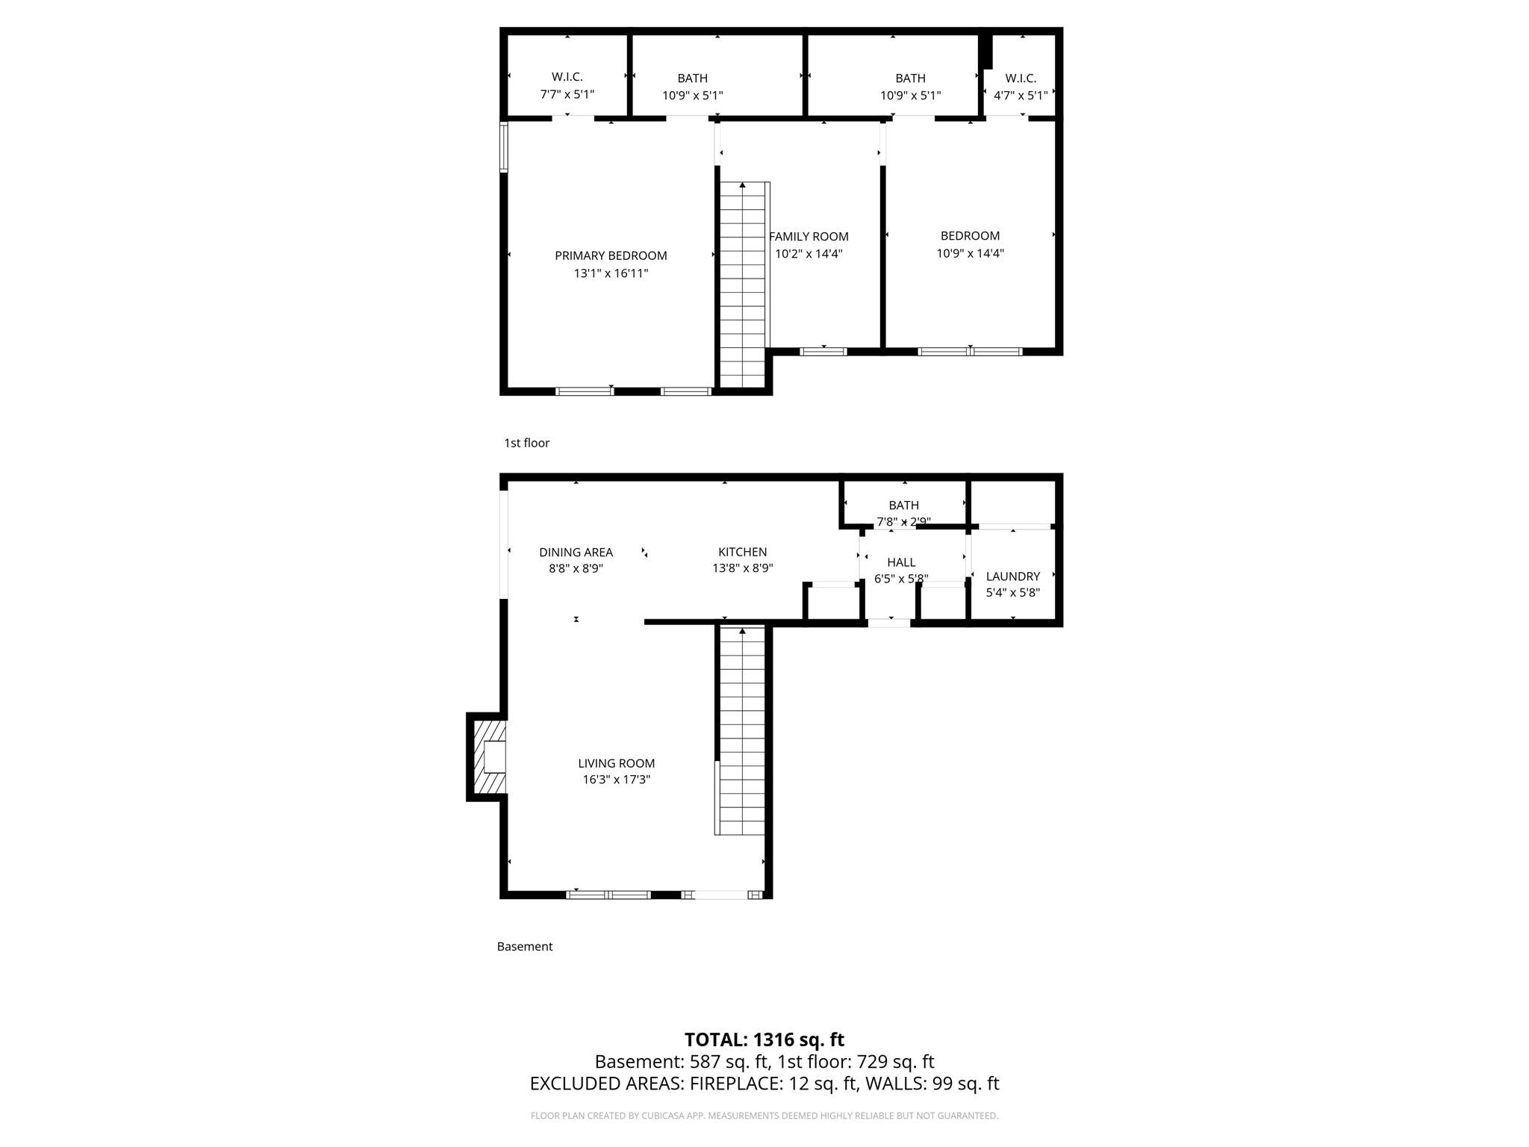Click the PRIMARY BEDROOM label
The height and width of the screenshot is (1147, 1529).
(x=611, y=256)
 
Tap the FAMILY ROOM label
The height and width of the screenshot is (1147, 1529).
(x=809, y=237)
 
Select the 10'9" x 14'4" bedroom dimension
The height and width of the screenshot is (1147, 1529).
(x=970, y=253)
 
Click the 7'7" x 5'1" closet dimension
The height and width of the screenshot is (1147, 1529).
(x=567, y=95)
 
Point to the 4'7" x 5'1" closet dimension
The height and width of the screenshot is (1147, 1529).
(x=1021, y=96)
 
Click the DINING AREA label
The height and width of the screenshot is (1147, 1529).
(x=576, y=553)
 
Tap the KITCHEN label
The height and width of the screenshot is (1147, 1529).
(x=742, y=552)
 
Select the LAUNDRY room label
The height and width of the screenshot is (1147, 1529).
(x=1012, y=576)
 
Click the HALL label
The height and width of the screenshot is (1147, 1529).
(x=901, y=562)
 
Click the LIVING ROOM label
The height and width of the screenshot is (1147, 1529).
(x=616, y=763)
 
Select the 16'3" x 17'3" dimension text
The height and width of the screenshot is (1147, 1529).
(x=616, y=780)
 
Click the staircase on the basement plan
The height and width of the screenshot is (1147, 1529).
(x=742, y=732)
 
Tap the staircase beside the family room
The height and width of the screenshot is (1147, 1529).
(x=742, y=284)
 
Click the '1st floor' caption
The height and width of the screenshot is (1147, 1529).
(x=526, y=443)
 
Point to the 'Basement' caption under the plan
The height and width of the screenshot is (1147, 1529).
(x=525, y=946)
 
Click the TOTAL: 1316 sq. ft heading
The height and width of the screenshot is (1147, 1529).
(x=764, y=1039)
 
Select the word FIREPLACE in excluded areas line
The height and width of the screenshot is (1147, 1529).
(x=736, y=1084)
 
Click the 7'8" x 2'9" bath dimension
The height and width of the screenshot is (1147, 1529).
(x=903, y=522)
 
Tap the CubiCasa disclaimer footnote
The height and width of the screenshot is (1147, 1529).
(x=764, y=1116)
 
